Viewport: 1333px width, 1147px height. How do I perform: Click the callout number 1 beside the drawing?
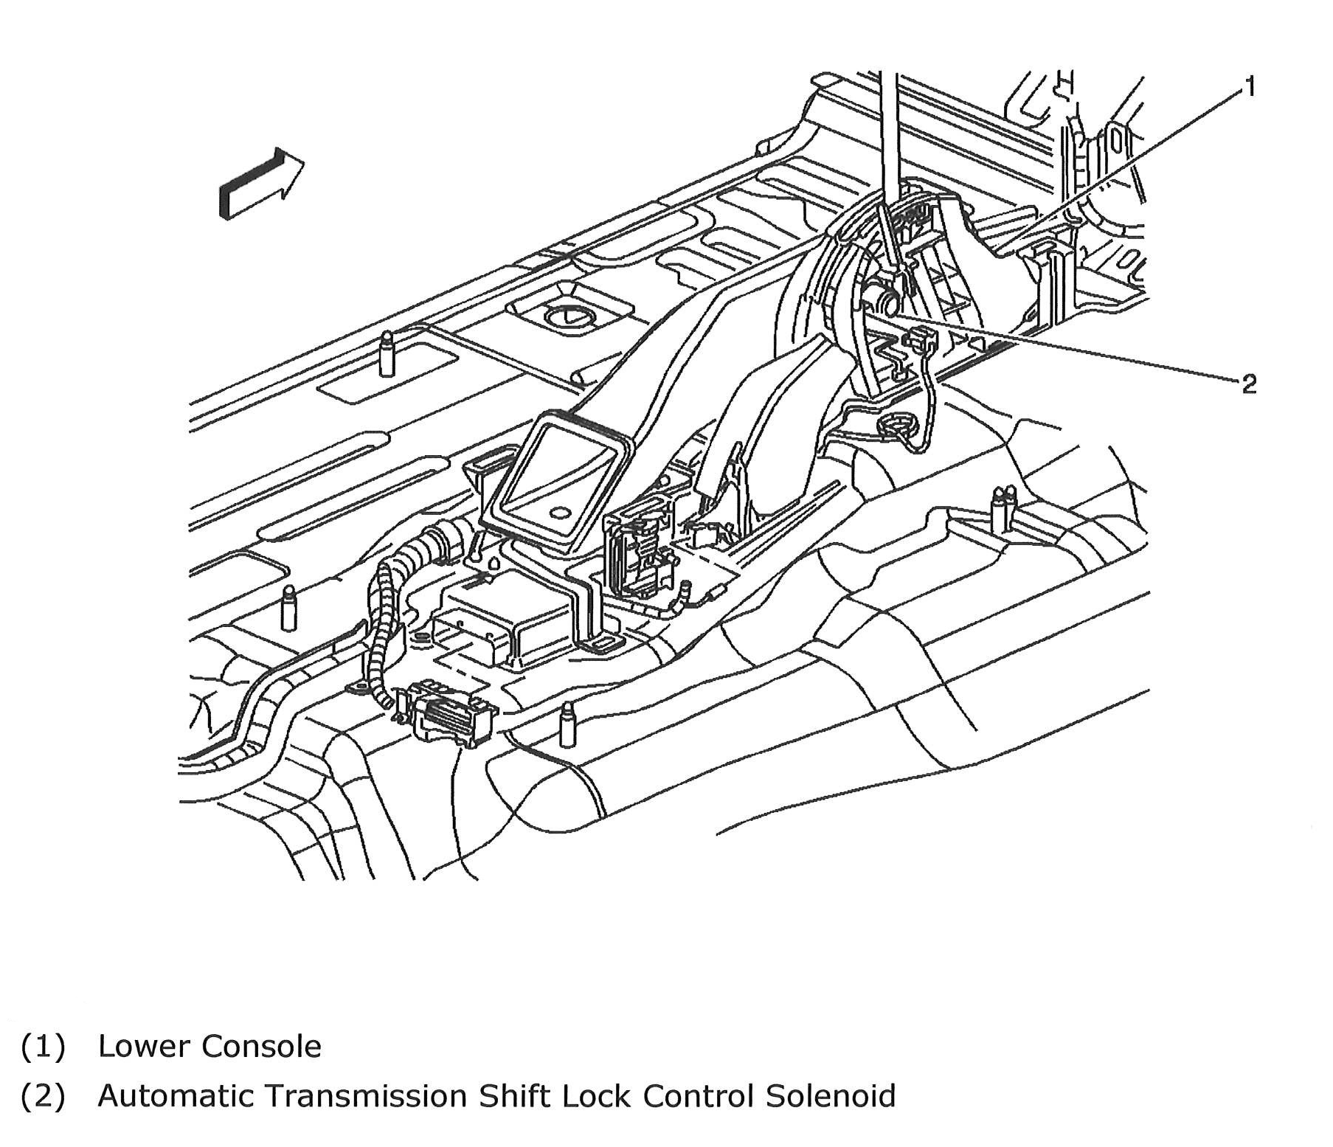1249,89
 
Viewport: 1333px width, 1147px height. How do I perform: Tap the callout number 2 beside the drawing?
1248,384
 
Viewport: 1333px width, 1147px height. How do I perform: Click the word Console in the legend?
261,1046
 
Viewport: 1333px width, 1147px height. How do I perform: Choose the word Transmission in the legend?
366,1095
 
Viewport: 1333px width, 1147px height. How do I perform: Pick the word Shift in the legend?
514,1095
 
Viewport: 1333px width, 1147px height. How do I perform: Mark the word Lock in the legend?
597,1095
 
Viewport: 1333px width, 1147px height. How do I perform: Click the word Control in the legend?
698,1095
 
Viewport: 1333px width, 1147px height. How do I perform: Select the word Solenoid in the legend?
830,1095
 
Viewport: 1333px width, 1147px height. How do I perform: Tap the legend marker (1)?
44,1047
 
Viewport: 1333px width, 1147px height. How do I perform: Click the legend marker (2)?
44,1096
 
